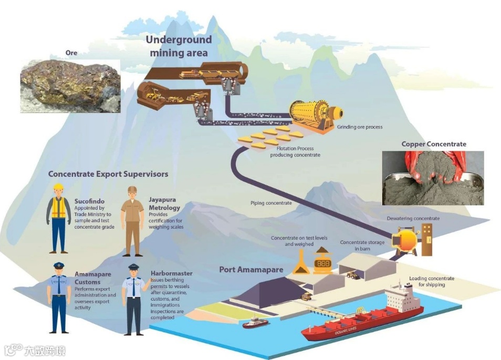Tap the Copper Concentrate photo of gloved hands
432,178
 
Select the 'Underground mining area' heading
179,46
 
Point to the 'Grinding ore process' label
360,127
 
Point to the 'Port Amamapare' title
251,270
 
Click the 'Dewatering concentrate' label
413,218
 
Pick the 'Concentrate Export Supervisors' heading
108,174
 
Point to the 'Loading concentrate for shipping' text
432,281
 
